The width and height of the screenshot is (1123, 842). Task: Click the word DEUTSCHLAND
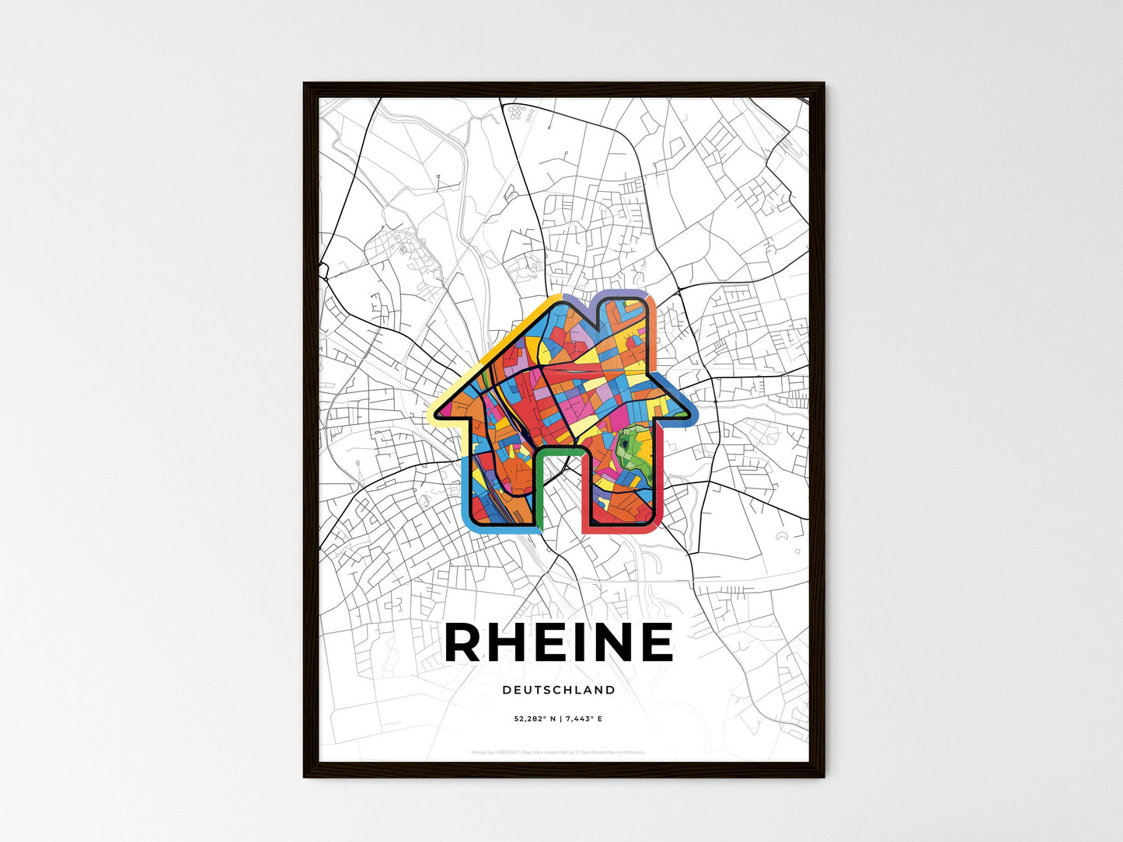coord(558,690)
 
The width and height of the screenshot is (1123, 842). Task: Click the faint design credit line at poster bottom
coord(558,752)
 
